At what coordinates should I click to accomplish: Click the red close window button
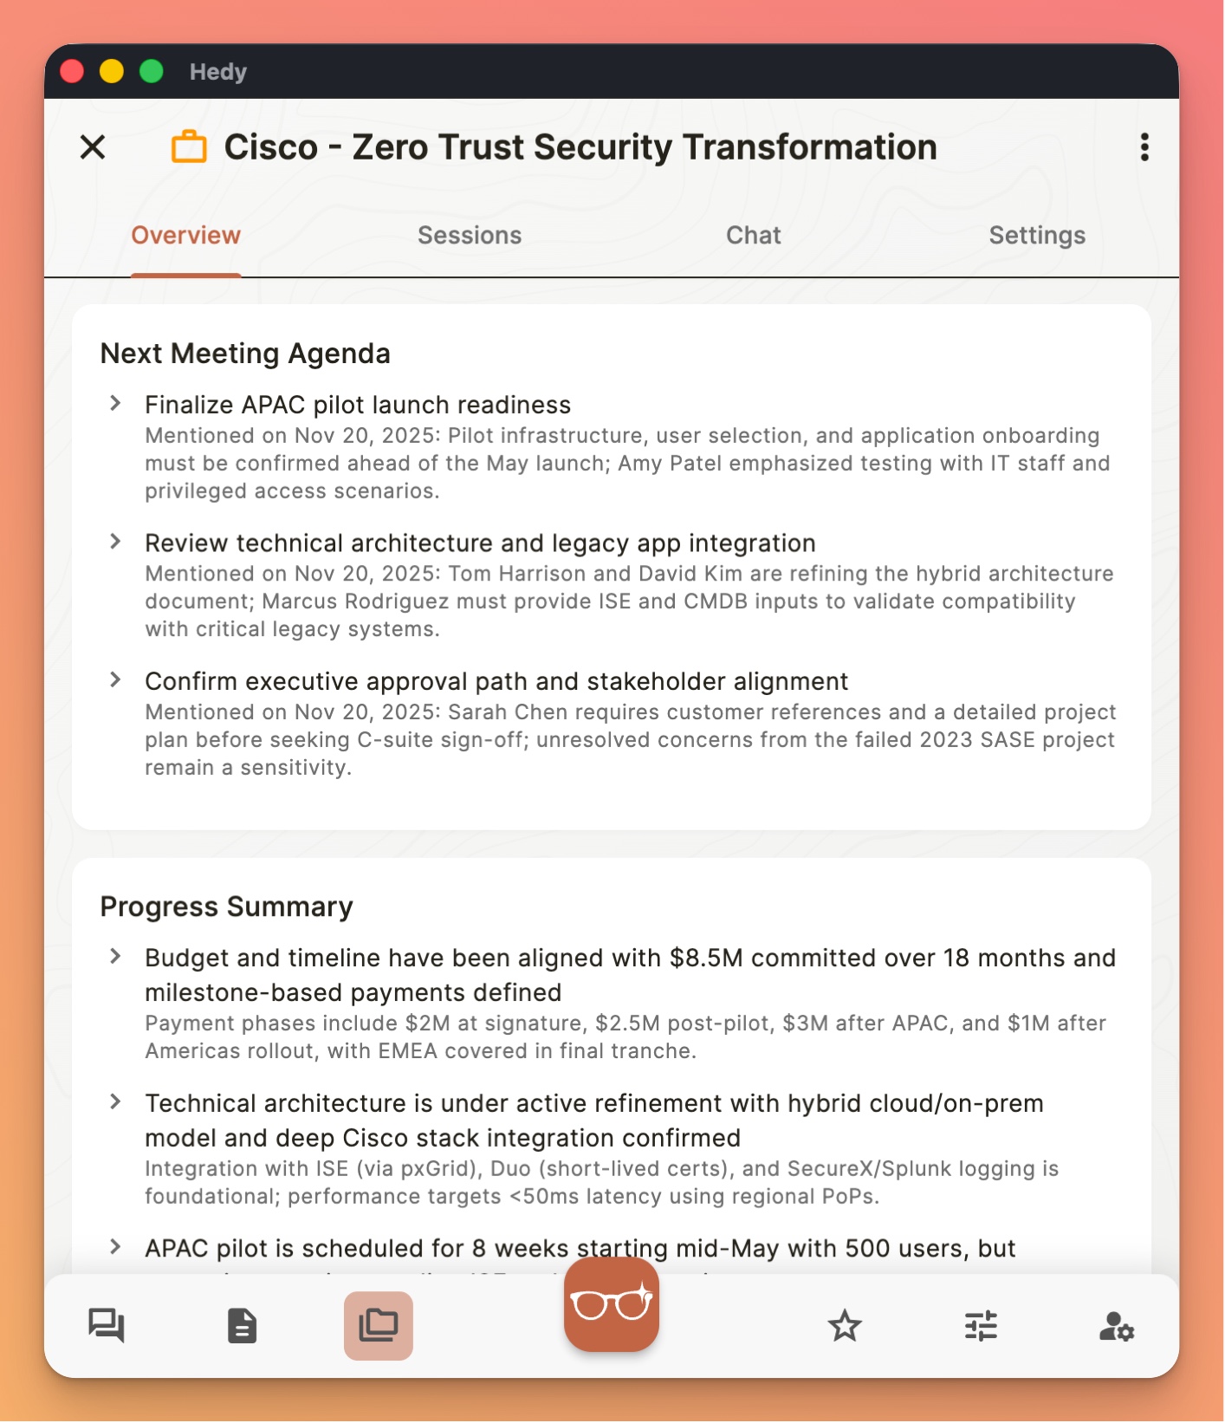pyautogui.click(x=72, y=71)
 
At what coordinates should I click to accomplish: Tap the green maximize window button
pyautogui.click(x=152, y=71)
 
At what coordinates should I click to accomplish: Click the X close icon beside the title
pyautogui.click(x=93, y=147)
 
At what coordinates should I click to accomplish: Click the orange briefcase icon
pyautogui.click(x=189, y=147)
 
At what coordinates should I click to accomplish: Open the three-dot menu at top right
pyautogui.click(x=1144, y=147)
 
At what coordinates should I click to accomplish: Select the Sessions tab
pyautogui.click(x=470, y=236)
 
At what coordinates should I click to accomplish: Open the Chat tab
pyautogui.click(x=753, y=236)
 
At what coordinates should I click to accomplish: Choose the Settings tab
pyautogui.click(x=1036, y=236)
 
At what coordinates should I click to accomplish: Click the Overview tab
pyautogui.click(x=185, y=236)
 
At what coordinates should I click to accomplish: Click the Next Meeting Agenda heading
pyautogui.click(x=245, y=354)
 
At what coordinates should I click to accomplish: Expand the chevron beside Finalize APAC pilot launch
pyautogui.click(x=115, y=404)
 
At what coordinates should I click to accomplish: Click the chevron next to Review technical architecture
pyautogui.click(x=115, y=542)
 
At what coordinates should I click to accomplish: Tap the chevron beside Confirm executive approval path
pyautogui.click(x=115, y=680)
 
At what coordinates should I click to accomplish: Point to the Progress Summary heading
pyautogui.click(x=226, y=906)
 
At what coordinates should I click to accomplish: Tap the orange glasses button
pyautogui.click(x=612, y=1304)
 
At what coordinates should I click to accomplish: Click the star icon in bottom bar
pyautogui.click(x=845, y=1326)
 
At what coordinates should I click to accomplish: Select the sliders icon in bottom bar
pyautogui.click(x=981, y=1326)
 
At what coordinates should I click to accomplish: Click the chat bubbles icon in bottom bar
pyautogui.click(x=107, y=1326)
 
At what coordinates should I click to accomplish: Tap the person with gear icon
pyautogui.click(x=1116, y=1326)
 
